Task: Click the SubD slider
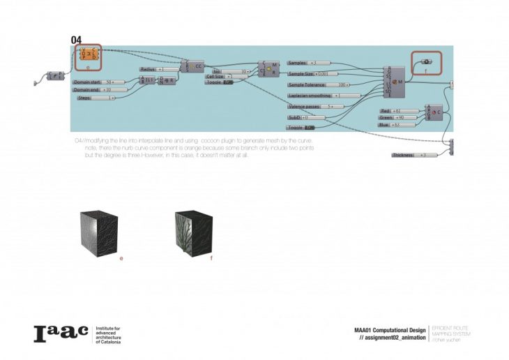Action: click(x=299, y=117)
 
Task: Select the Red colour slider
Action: click(x=391, y=111)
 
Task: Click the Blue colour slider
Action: click(x=390, y=124)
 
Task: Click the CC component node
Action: click(x=195, y=66)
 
